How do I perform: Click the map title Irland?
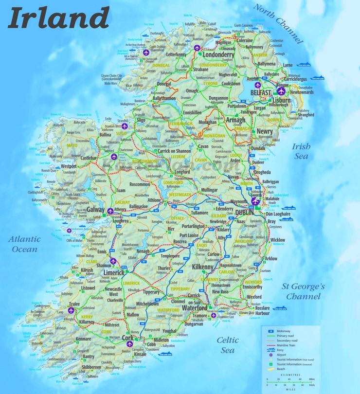(58, 18)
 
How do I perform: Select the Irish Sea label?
(301, 151)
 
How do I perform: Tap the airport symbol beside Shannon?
(114, 262)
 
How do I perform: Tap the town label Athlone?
(154, 200)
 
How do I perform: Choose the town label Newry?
(265, 131)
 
